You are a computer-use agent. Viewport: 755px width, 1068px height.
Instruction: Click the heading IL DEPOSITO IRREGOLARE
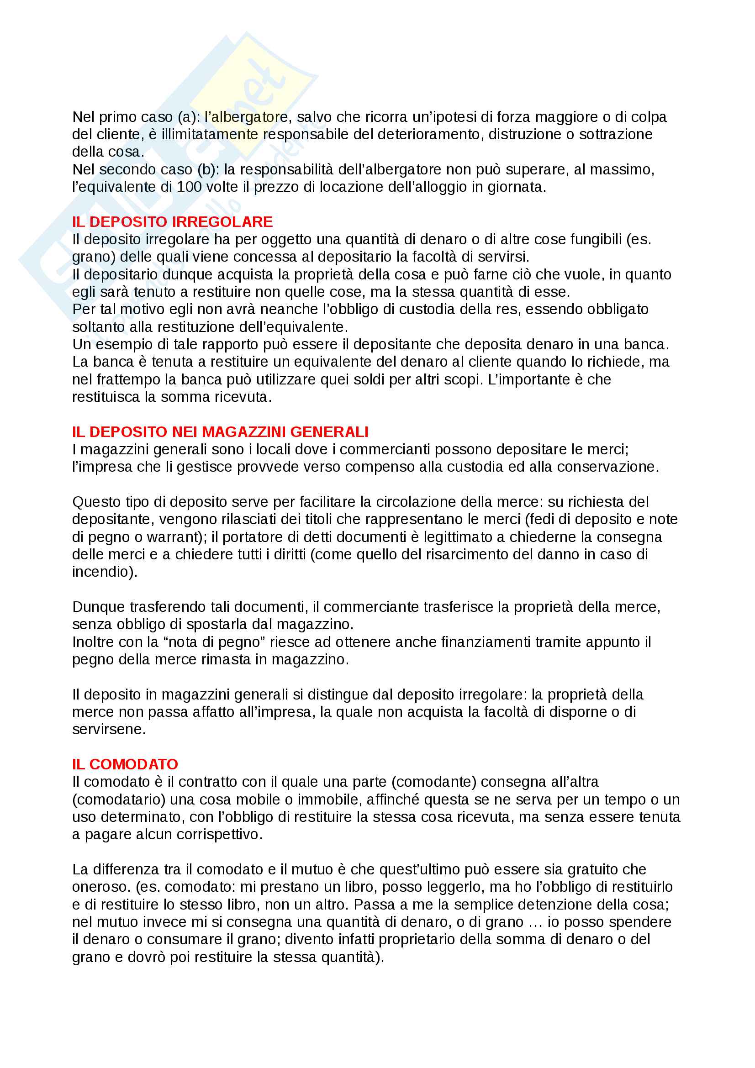(172, 222)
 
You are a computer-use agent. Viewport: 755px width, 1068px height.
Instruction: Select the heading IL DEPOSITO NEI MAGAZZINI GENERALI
(220, 431)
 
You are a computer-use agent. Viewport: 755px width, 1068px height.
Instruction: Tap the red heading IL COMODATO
(125, 764)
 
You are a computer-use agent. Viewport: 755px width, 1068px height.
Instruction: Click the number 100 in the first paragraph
(189, 187)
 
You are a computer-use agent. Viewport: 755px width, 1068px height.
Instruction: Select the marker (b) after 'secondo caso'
(208, 169)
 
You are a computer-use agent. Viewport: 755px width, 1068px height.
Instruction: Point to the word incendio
(102, 572)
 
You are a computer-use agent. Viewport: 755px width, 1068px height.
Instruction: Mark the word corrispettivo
(223, 835)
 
